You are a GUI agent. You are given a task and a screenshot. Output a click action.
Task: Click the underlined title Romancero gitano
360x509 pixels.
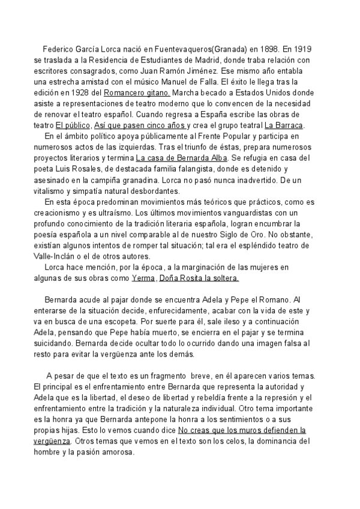pyautogui.click(x=137, y=93)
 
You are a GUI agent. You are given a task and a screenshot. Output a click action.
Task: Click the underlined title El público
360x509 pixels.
pyautogui.click(x=73, y=125)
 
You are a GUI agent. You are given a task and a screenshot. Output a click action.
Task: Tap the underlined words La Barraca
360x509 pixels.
pyautogui.click(x=284, y=125)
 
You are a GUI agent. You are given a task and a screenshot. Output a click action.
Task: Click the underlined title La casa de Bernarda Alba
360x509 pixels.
pyautogui.click(x=182, y=158)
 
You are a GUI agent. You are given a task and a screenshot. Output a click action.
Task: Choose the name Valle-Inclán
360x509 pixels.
pyautogui.click(x=56, y=255)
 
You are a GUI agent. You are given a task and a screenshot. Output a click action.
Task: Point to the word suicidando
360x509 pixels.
pyautogui.click(x=55, y=342)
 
